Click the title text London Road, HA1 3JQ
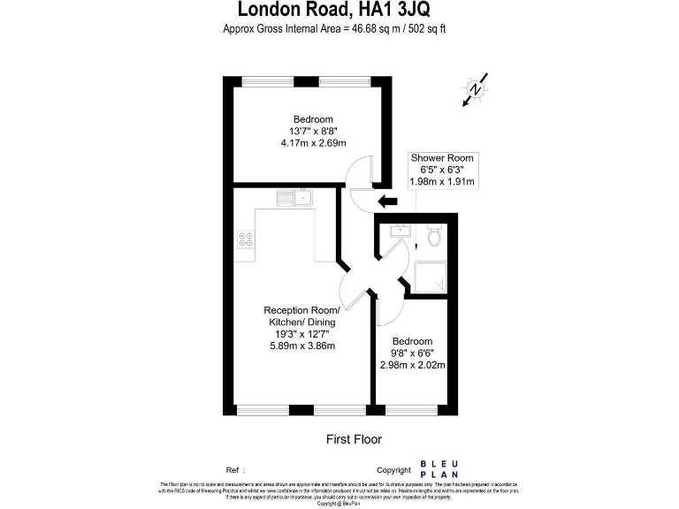[339, 11]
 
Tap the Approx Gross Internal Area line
[339, 29]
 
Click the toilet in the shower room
[434, 237]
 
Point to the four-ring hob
[246, 238]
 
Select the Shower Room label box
[442, 169]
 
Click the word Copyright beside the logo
[393, 470]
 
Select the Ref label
[233, 470]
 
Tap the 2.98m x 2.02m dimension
[412, 364]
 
